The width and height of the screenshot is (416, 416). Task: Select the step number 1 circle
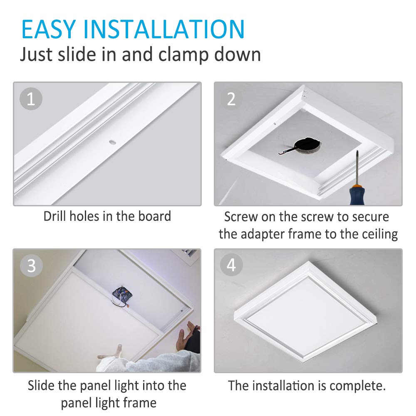click(x=31, y=99)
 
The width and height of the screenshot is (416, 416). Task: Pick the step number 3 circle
click(x=31, y=266)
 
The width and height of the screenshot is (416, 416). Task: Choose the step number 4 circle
click(x=231, y=265)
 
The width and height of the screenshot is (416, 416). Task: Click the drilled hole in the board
click(x=112, y=143)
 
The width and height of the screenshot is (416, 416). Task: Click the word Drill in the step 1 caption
click(x=55, y=216)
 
